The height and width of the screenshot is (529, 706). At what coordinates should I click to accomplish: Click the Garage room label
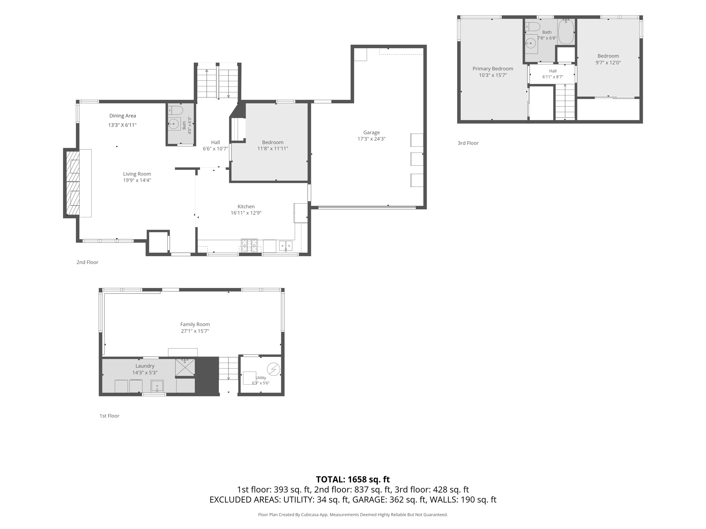point(371,133)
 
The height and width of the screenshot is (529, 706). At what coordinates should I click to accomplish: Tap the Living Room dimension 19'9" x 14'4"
point(137,180)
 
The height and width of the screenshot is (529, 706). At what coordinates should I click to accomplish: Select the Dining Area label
point(123,116)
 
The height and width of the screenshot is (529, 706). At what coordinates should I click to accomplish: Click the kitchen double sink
point(286,246)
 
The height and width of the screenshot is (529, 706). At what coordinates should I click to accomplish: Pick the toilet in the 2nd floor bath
point(175,110)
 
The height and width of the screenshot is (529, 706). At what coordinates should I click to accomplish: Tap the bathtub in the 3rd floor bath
point(566,31)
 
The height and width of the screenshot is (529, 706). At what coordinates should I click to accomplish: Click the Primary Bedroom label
point(493,69)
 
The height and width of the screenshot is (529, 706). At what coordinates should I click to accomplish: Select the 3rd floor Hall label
point(553,71)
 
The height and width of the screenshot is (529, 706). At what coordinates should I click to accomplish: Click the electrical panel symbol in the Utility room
point(273,369)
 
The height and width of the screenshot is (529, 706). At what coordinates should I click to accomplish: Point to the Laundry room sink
point(157,386)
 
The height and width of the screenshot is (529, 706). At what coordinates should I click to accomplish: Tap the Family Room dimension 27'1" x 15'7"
point(195,331)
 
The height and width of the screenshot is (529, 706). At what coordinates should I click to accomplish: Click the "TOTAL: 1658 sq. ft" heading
point(353,479)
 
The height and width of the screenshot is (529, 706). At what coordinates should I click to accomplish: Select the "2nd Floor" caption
point(87,262)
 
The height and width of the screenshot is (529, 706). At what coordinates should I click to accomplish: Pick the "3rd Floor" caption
point(468,143)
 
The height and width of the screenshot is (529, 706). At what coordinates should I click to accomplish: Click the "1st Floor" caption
point(109,416)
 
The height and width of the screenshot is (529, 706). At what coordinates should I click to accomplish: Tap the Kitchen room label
point(246,207)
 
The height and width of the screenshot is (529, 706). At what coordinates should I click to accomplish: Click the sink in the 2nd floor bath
point(174,124)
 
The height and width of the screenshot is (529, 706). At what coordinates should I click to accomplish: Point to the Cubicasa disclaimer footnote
point(353,515)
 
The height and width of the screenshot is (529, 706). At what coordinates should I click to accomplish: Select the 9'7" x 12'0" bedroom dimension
point(608,63)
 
